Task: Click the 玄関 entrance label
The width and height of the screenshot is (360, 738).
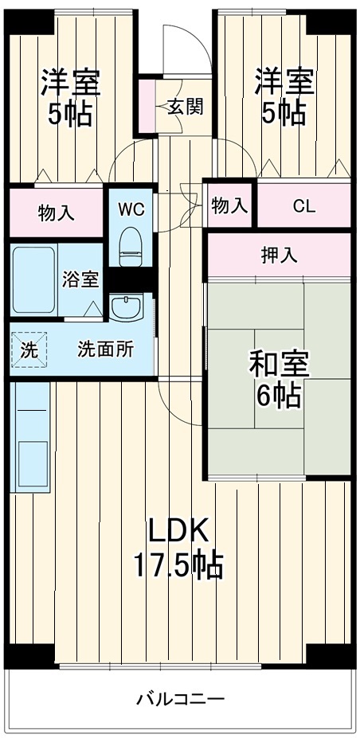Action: point(185,107)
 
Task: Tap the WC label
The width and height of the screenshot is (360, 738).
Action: point(131,209)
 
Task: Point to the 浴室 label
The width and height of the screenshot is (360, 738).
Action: point(81,279)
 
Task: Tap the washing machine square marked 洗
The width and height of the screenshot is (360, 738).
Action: point(29,348)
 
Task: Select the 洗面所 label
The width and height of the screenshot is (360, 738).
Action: point(105,348)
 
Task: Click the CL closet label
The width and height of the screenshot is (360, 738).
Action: point(303,207)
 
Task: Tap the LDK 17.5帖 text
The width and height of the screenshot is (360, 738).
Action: point(178,549)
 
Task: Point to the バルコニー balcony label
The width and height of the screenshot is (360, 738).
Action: point(180,700)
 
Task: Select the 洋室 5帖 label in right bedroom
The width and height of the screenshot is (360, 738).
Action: point(284,97)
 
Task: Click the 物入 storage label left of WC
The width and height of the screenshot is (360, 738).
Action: point(57,213)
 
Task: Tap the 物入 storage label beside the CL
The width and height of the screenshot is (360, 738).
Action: point(229,207)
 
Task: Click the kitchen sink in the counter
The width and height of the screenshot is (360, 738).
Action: point(33,462)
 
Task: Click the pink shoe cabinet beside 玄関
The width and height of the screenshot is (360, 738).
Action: point(146,104)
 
